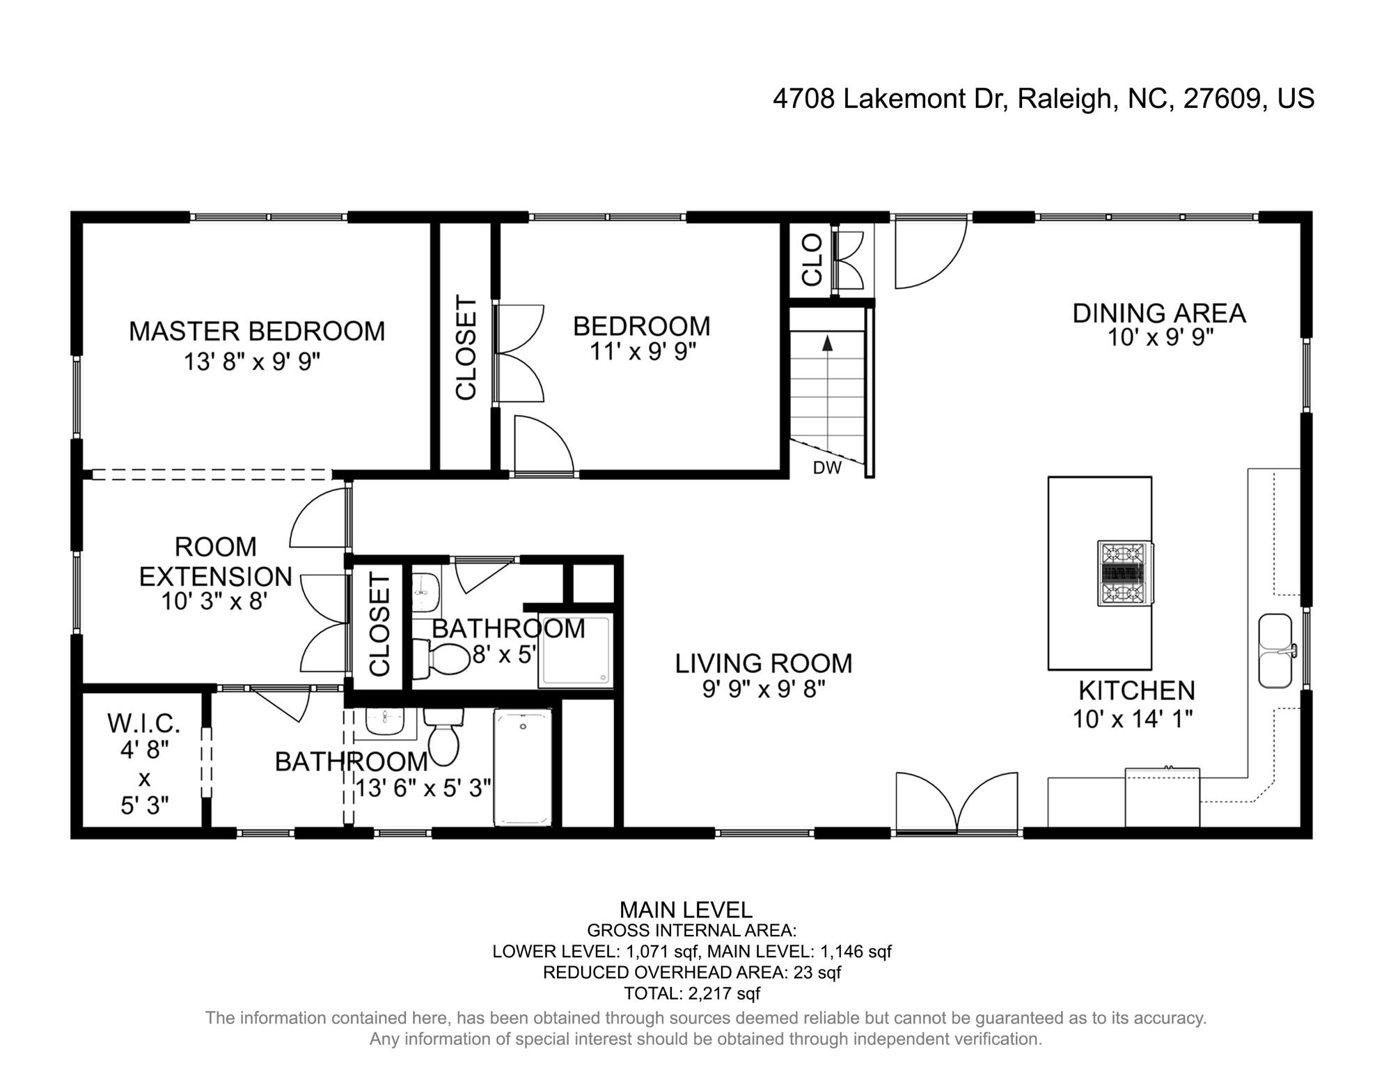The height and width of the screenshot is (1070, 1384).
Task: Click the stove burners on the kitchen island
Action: (x=1125, y=573)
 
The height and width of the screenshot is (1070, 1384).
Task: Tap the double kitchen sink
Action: (x=1277, y=651)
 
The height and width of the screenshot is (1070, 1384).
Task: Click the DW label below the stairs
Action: (x=827, y=468)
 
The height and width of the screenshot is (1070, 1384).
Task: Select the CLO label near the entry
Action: (x=812, y=259)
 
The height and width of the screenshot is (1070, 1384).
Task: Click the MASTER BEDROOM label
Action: (x=257, y=332)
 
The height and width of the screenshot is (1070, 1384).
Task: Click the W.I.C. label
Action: (x=144, y=723)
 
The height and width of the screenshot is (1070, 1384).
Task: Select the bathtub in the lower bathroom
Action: (x=522, y=767)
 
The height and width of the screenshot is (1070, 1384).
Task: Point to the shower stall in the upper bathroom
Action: (x=576, y=651)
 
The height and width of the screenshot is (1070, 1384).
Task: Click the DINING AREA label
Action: (x=1158, y=313)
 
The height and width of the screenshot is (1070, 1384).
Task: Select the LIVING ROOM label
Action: (x=764, y=663)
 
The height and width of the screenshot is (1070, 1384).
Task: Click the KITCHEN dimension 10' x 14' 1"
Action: (x=1133, y=719)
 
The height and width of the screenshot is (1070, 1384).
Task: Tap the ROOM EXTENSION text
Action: (x=215, y=561)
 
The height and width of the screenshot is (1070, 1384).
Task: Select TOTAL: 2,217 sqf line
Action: (x=692, y=993)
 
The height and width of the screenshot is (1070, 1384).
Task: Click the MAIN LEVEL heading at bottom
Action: (x=686, y=910)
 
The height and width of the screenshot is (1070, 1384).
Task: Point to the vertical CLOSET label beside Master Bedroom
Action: (x=466, y=348)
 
